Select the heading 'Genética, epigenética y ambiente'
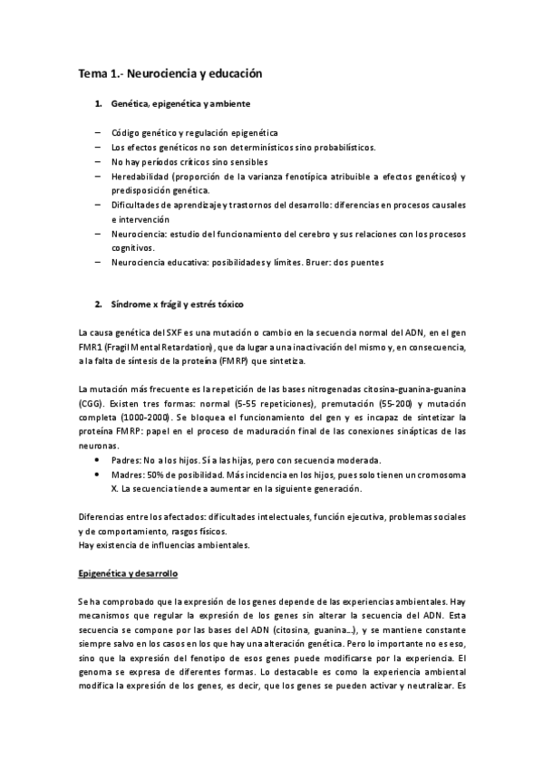click(175, 105)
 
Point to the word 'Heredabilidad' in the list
click(143, 176)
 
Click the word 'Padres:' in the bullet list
click(128, 460)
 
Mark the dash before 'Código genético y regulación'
click(98, 132)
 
